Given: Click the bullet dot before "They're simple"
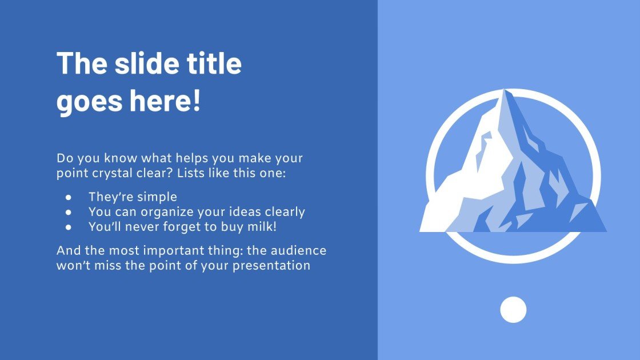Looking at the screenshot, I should pos(68,197).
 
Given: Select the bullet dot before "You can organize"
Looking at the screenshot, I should pos(68,212).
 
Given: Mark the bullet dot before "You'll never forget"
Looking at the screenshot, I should pos(68,226).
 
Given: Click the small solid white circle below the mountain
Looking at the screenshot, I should pos(513,310).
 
